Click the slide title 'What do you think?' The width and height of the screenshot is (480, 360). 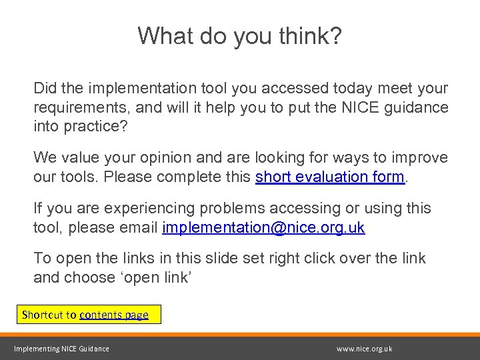[x=240, y=36]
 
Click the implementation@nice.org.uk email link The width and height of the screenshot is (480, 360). [x=263, y=227]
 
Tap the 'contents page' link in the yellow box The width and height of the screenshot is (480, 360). [x=113, y=315]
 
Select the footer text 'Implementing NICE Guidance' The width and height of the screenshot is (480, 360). [x=62, y=349]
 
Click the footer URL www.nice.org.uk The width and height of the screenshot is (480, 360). [x=365, y=349]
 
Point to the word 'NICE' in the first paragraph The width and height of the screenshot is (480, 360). [x=362, y=107]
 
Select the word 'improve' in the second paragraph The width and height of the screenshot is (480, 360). [x=423, y=157]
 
